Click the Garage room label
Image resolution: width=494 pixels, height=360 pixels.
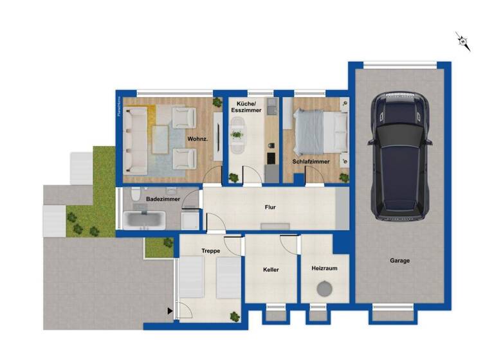coord(399,261)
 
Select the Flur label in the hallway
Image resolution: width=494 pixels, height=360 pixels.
coord(271,208)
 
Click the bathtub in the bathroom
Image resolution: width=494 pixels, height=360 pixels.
coord(145,219)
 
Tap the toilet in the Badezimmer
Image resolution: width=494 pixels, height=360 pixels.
coord(133,195)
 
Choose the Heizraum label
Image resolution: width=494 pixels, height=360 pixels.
coord(325,268)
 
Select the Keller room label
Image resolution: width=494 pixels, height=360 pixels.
coord(271,270)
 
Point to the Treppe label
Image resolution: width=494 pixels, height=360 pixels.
coord(210,251)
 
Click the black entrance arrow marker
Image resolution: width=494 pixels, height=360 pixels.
coord(170,312)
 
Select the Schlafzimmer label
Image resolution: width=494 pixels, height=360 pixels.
coord(311,162)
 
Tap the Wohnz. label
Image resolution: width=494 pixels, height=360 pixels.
coord(197,139)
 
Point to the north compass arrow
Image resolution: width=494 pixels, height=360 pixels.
coord(462,42)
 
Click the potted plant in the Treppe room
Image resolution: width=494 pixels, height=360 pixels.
coord(234,316)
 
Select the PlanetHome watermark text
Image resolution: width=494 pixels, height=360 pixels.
coord(120,106)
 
